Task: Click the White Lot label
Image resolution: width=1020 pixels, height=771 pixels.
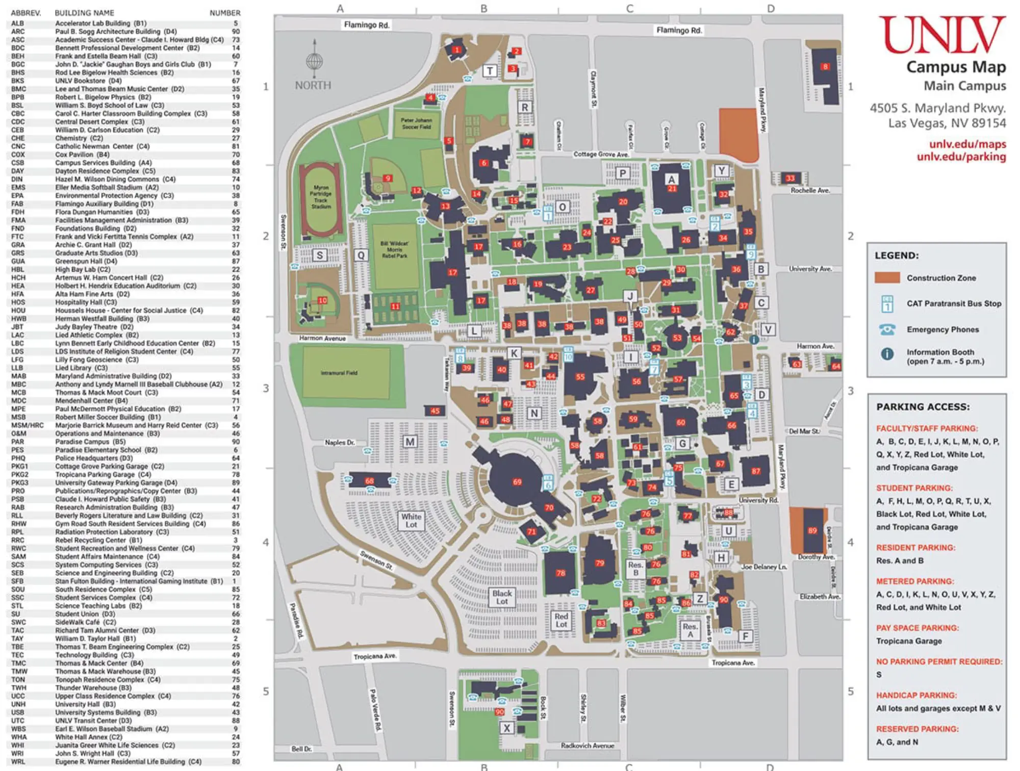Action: click(411, 520)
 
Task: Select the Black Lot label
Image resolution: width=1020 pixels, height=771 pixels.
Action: click(502, 597)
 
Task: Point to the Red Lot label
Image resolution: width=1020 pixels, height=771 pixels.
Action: click(561, 620)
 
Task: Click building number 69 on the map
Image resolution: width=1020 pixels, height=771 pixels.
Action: click(517, 481)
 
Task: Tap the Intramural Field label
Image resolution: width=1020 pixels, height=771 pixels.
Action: click(339, 373)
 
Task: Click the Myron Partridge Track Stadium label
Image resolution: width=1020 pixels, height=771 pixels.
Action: click(321, 197)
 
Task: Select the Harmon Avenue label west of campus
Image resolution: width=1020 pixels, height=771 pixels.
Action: click(322, 338)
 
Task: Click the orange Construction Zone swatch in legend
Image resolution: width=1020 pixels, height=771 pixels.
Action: click(887, 278)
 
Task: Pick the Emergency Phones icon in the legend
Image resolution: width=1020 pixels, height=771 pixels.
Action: click(887, 329)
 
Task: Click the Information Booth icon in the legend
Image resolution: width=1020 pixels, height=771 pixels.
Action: click(887, 354)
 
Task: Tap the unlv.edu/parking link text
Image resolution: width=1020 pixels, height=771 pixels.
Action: click(961, 157)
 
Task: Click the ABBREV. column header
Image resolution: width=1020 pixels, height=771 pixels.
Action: click(25, 13)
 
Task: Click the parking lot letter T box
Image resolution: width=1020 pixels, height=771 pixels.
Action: click(490, 71)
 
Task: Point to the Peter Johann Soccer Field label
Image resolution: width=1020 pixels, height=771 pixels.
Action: click(416, 123)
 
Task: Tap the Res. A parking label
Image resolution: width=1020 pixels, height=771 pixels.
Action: click(690, 630)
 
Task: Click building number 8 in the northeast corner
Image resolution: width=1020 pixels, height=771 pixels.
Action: click(825, 67)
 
